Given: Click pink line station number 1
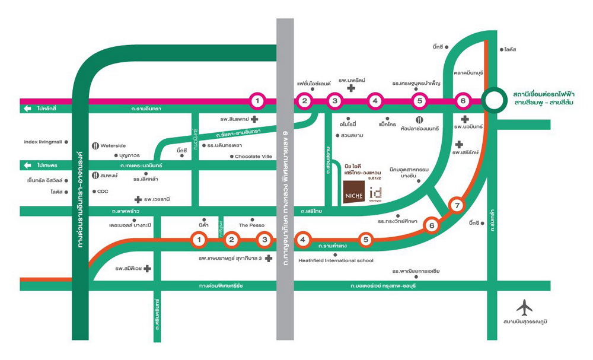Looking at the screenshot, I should click(x=257, y=101).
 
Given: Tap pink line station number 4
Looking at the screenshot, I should click(x=375, y=101).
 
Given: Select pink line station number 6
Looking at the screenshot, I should click(x=464, y=101).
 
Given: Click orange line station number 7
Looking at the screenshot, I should click(x=456, y=206).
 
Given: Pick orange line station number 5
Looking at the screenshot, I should click(x=366, y=240).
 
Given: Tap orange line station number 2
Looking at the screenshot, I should click(x=232, y=240).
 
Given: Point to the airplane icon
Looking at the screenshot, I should click(x=524, y=307).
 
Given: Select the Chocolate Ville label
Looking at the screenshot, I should click(x=253, y=157).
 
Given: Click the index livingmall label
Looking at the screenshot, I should click(x=43, y=142).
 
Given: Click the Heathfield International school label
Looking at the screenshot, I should click(x=336, y=260).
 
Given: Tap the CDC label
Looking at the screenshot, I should click(x=103, y=191).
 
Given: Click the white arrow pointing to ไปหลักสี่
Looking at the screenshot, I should click(x=27, y=109).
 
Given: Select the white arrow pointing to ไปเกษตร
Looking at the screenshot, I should click(x=27, y=165).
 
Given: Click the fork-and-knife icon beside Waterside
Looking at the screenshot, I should click(x=95, y=145).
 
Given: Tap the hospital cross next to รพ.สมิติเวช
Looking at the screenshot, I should click(x=148, y=269).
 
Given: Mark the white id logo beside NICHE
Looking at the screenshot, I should click(x=375, y=193).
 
